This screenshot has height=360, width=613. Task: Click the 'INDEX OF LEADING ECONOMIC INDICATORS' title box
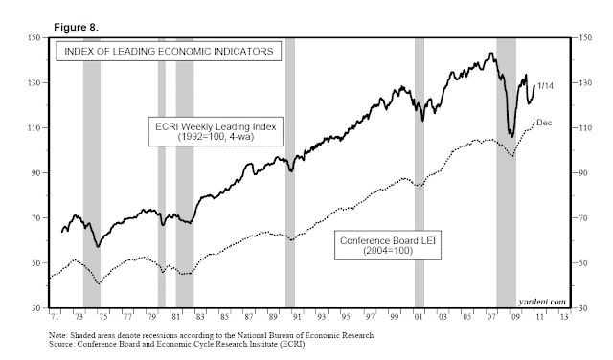point(169,50)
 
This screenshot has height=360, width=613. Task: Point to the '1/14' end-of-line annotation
point(546,87)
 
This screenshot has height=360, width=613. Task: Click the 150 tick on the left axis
point(34,38)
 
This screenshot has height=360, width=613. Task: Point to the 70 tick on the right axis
point(579,218)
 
